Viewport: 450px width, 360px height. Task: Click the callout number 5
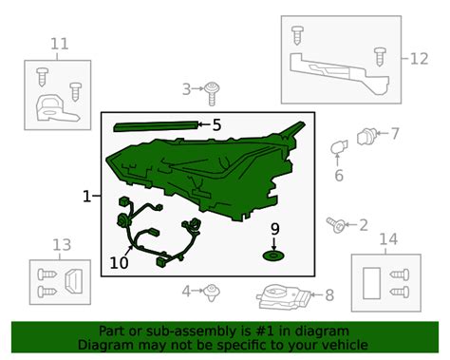click(216, 125)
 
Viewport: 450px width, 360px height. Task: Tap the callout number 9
click(275, 229)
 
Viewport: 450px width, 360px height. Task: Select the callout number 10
click(119, 263)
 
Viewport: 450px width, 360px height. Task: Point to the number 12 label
click(420, 59)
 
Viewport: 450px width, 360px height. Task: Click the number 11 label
click(60, 44)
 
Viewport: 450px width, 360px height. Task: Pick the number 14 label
click(388, 239)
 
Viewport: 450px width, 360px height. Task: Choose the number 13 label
click(62, 245)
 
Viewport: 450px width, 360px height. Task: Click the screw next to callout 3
click(212, 93)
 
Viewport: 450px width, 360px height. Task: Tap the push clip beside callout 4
click(212, 293)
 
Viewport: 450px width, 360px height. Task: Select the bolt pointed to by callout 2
click(335, 224)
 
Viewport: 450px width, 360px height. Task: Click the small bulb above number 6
click(339, 147)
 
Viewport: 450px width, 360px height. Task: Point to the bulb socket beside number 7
click(366, 136)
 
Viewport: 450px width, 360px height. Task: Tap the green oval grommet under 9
click(273, 256)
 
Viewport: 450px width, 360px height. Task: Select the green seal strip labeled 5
click(157, 126)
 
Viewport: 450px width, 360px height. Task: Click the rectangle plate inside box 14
click(371, 283)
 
